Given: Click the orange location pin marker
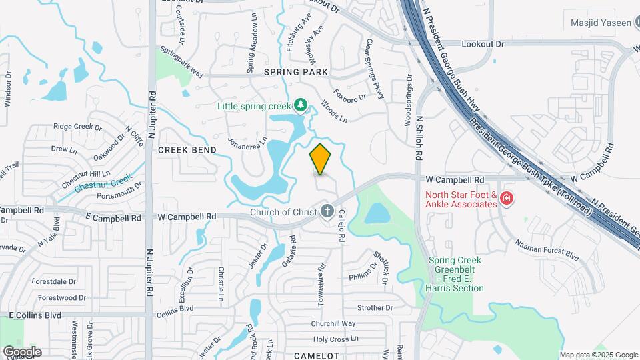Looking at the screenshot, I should click(320, 159).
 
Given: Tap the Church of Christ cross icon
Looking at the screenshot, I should click(327, 212).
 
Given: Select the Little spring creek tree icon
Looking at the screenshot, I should click(301, 105).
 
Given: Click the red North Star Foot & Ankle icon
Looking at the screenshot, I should click(507, 199).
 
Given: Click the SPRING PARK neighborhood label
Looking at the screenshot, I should click(296, 71).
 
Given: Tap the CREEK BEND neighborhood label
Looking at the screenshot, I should click(187, 150).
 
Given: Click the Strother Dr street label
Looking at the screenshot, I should click(375, 307).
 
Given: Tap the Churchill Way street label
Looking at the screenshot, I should click(333, 323).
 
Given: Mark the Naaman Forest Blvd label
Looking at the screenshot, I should click(546, 249).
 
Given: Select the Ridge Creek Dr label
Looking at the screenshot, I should click(77, 126).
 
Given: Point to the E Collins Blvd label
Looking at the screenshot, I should click(35, 315).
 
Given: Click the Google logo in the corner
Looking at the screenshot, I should click(22, 352).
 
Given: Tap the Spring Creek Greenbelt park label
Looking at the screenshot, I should click(456, 274).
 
